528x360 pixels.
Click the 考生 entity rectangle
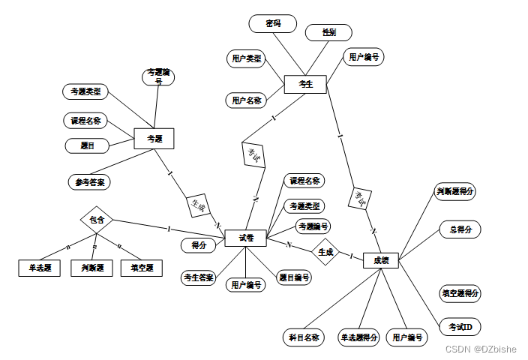[305, 84]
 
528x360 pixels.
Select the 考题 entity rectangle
[154, 139]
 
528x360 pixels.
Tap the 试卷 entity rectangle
[247, 238]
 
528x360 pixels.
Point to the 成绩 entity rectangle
[380, 260]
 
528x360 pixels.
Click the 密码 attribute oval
[272, 23]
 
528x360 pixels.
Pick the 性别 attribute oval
[328, 32]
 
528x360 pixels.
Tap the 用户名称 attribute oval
[247, 100]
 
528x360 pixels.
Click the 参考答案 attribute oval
[88, 181]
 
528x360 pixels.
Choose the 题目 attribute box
[87, 145]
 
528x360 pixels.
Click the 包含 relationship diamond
[97, 220]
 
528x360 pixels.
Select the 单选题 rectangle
[39, 268]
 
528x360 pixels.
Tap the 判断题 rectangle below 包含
[91, 268]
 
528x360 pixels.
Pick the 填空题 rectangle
[141, 268]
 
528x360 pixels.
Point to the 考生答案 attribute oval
[199, 278]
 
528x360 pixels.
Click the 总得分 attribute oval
[460, 229]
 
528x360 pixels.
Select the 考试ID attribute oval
[460, 328]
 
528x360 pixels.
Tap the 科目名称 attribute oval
[304, 337]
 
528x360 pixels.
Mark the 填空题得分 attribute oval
[460, 293]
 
